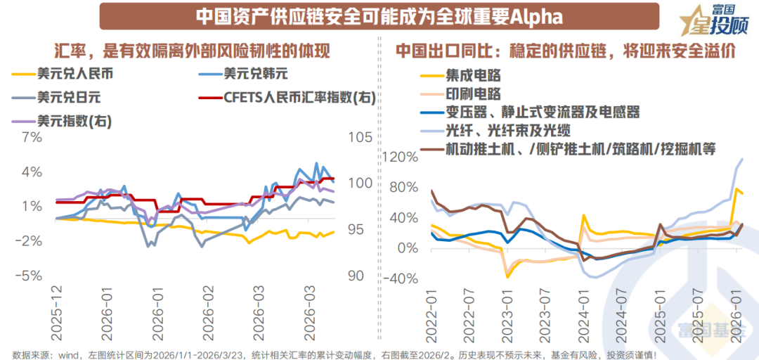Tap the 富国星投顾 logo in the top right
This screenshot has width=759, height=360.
(x=710, y=20)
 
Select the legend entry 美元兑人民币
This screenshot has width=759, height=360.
(x=67, y=72)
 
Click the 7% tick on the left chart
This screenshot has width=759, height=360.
(x=34, y=137)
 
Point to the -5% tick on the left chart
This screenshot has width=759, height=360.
(x=31, y=276)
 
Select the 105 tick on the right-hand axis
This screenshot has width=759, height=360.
(x=360, y=137)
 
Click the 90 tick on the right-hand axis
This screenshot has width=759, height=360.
(x=356, y=276)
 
